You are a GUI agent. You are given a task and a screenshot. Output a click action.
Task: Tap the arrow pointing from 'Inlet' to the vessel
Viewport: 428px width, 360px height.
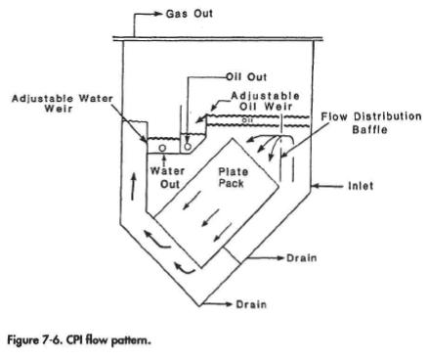point(328,183)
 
